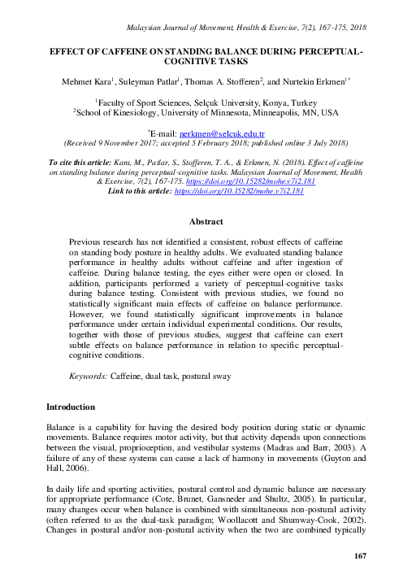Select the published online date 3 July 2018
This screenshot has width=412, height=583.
click(x=323, y=140)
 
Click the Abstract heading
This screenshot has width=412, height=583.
click(x=206, y=221)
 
